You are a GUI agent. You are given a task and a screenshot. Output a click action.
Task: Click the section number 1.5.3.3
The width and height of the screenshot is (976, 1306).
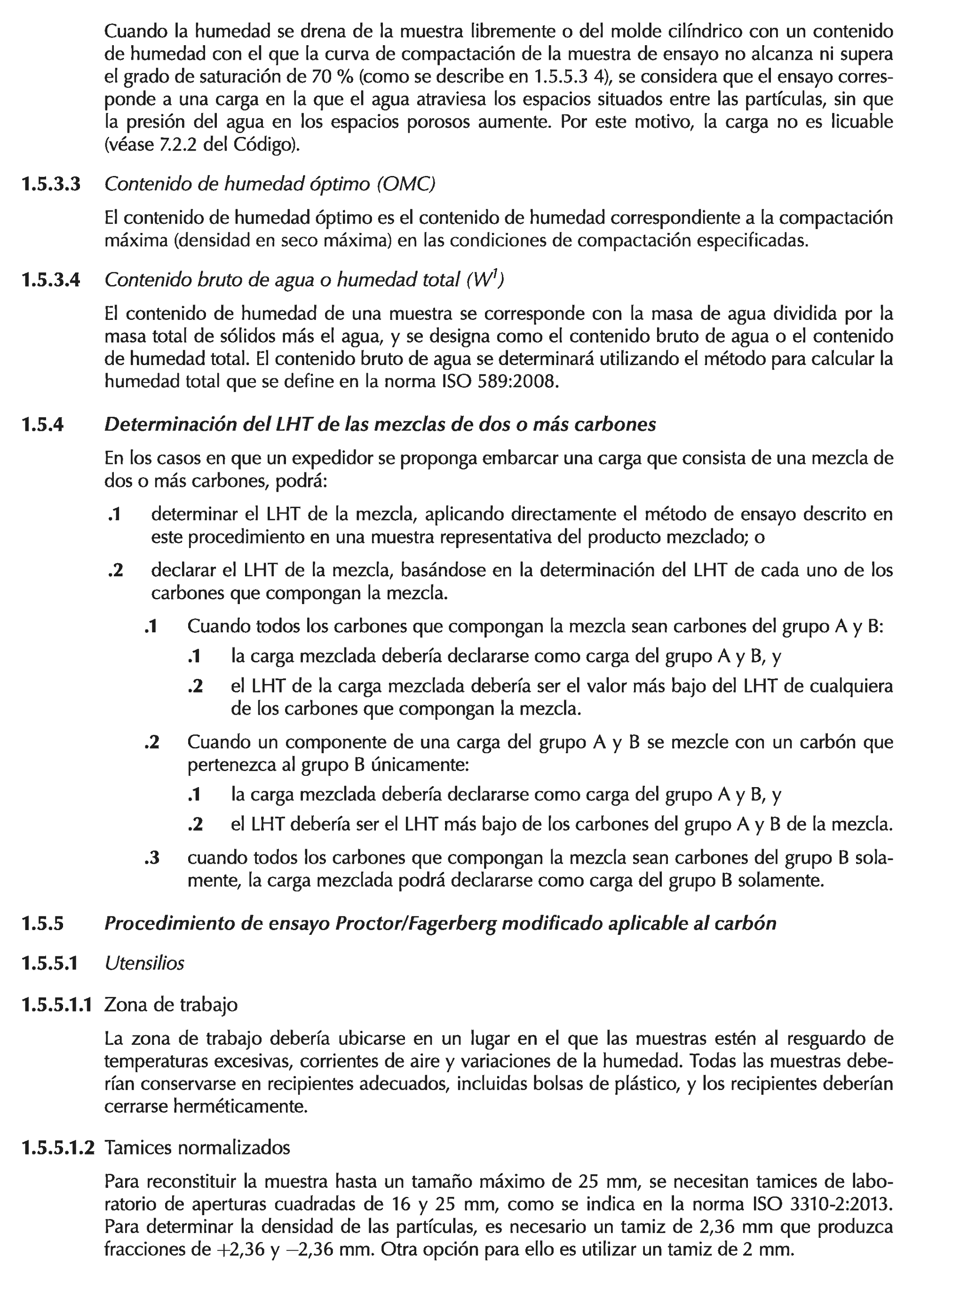pos(50,185)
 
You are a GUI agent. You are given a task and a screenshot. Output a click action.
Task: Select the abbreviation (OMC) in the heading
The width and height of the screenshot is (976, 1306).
pos(405,185)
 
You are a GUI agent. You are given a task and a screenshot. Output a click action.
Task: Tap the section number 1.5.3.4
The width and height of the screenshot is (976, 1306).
pos(50,280)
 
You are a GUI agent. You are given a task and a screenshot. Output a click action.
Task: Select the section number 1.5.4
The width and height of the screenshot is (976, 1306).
pos(42,425)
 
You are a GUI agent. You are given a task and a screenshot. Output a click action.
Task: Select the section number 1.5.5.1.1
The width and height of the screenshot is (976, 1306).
pos(57,1004)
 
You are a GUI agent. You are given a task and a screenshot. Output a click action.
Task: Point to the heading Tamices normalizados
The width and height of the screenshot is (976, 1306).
pos(197,1148)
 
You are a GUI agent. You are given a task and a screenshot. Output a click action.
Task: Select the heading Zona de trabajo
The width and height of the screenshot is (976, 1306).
pos(171,1004)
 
